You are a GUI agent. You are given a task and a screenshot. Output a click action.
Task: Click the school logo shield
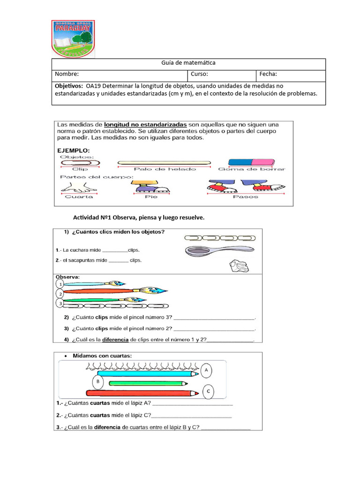click(73, 39)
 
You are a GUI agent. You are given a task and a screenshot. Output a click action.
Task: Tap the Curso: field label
click(199, 74)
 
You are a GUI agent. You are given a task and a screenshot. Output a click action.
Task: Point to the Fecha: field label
click(268, 74)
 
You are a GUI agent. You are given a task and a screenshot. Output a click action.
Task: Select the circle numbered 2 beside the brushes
click(60, 294)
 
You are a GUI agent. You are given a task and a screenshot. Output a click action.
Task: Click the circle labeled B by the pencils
click(98, 382)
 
